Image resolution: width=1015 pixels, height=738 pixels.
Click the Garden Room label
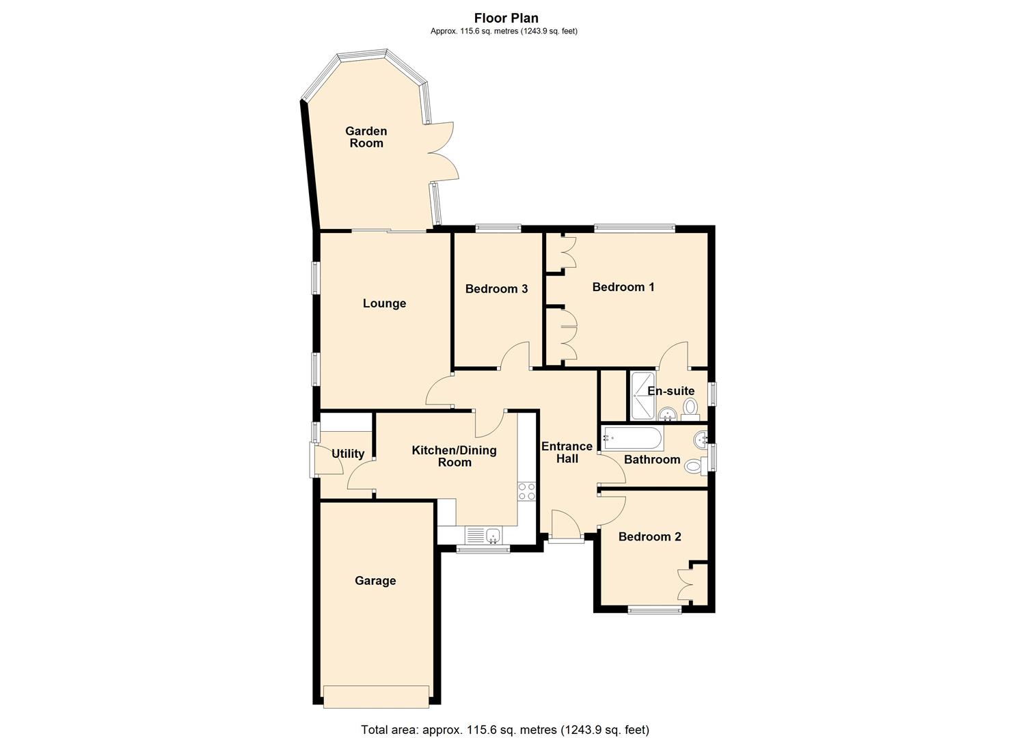(366, 137)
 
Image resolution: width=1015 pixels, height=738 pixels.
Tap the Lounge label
(384, 303)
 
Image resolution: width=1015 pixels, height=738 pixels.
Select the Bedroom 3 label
(496, 288)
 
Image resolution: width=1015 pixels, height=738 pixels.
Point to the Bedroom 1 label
(623, 287)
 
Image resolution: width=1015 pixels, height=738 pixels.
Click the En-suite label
(671, 391)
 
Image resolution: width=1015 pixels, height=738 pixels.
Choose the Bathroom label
(651, 459)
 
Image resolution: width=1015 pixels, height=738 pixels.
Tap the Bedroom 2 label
(649, 536)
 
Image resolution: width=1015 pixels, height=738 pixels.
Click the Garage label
(375, 581)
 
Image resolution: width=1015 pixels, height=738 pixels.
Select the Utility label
(347, 454)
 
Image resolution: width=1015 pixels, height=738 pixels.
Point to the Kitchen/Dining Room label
(454, 456)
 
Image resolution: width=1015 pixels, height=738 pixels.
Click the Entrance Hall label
(567, 452)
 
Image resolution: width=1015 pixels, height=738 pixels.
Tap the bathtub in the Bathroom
(632, 437)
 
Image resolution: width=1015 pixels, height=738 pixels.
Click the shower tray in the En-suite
(643, 396)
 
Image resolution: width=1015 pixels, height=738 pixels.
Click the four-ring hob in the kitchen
(526, 492)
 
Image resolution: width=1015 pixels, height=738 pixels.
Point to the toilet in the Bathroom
(694, 467)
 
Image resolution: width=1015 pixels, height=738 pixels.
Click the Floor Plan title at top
(506, 18)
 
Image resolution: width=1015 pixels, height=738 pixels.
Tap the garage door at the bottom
(377, 696)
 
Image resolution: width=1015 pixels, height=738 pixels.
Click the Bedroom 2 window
(654, 610)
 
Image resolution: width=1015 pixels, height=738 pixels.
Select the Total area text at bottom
(504, 729)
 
